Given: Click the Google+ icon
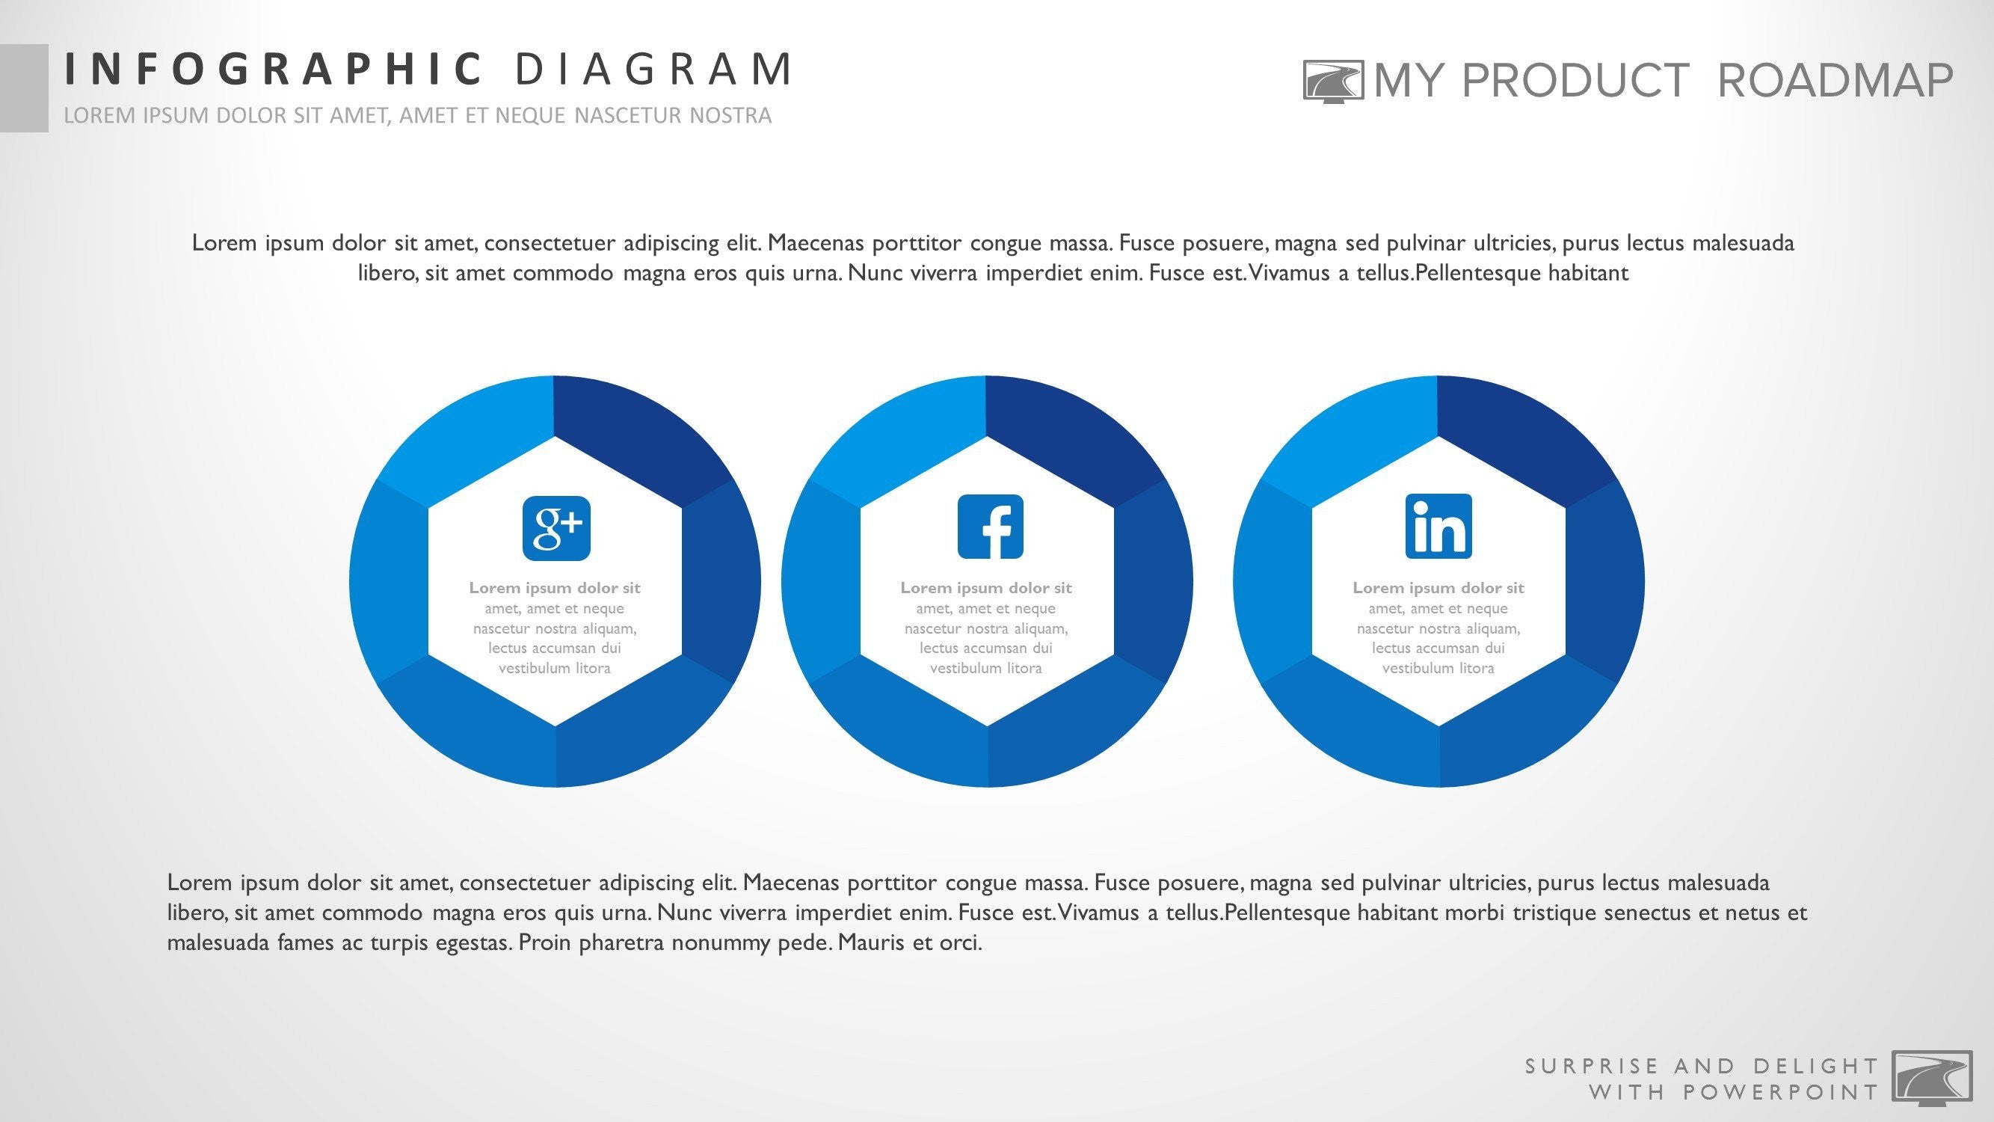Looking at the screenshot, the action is coord(556,528).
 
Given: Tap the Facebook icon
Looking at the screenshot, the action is coord(990,527).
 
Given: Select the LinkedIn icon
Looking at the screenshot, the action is coord(1438,527).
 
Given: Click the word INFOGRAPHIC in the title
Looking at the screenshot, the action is coord(273,69).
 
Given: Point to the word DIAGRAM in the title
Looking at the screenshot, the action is coord(654,69).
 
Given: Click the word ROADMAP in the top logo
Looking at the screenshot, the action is coord(1835,81).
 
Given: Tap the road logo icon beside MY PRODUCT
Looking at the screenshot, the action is coord(1333,82).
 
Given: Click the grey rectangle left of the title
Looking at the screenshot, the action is coord(24,88).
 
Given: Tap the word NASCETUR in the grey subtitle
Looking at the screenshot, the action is coord(629,115).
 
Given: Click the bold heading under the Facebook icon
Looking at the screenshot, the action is coord(985,588).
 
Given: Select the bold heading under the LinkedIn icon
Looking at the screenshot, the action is coord(1438,588).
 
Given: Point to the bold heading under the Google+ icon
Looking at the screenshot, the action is coord(554,588).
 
